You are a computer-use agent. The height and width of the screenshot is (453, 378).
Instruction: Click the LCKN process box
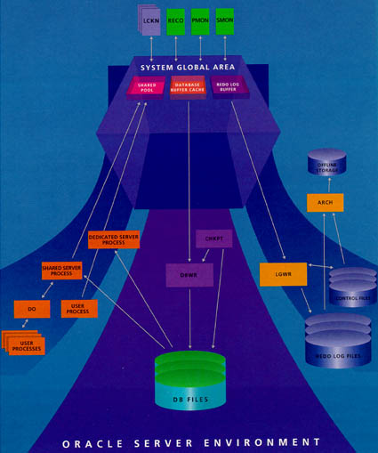(149, 20)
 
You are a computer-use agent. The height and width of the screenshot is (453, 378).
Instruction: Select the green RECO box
(175, 19)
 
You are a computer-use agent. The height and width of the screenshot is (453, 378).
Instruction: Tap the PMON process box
(201, 19)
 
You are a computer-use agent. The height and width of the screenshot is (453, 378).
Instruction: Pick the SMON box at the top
(226, 19)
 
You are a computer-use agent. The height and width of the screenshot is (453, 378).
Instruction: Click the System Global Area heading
(189, 68)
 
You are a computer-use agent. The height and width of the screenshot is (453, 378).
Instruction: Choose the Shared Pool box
(147, 87)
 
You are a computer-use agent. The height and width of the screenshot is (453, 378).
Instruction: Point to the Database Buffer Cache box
(188, 87)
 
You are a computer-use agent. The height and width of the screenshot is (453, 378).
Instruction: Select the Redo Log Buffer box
(229, 87)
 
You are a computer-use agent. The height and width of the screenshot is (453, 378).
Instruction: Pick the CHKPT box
(211, 238)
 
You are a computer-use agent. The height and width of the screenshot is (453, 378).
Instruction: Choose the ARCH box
(324, 203)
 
